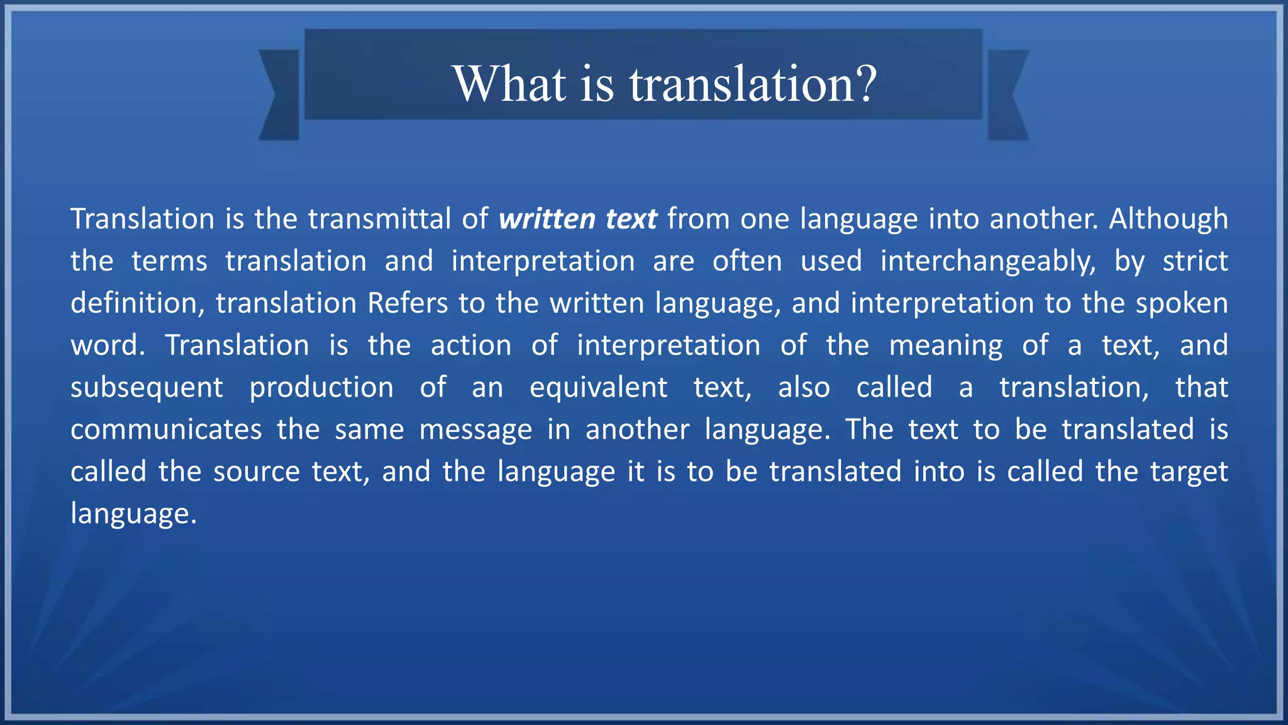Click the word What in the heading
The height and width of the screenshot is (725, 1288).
(x=509, y=84)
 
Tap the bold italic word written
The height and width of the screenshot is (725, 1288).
(x=547, y=219)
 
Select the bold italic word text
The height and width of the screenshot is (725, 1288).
(x=631, y=219)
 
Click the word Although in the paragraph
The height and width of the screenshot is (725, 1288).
(x=1168, y=219)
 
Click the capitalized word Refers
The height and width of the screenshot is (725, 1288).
(x=408, y=303)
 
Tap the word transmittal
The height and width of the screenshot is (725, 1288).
(x=379, y=219)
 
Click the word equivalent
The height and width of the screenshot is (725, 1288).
(x=598, y=387)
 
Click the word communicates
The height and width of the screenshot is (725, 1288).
(x=166, y=430)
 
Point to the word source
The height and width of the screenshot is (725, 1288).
(x=257, y=472)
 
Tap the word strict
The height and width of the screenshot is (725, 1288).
(x=1195, y=261)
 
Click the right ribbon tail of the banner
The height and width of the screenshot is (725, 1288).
(x=1008, y=94)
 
